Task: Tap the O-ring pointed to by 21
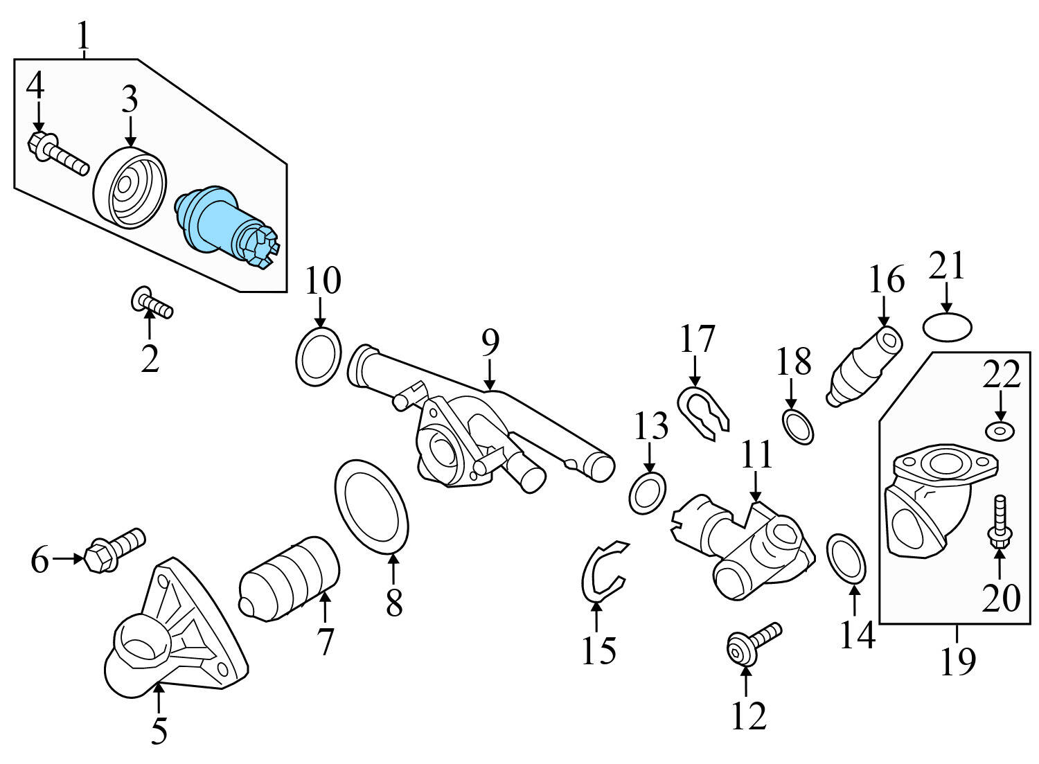pyautogui.click(x=948, y=326)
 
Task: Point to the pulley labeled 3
pyautogui.click(x=130, y=187)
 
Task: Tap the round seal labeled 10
pyautogui.click(x=319, y=356)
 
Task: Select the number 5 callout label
pyautogui.click(x=159, y=731)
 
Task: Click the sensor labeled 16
pyautogui.click(x=864, y=368)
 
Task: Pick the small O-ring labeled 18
pyautogui.click(x=798, y=426)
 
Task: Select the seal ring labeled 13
pyautogui.click(x=648, y=493)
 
